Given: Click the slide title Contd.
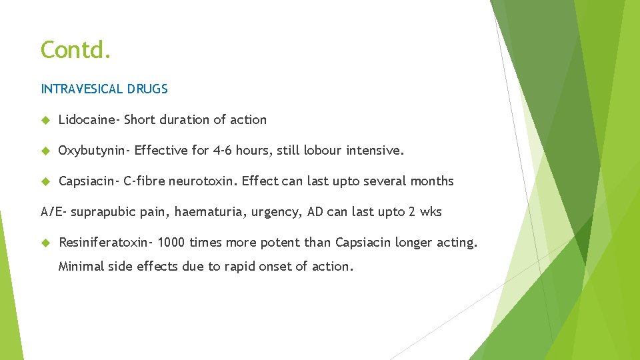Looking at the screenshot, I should point(75,49).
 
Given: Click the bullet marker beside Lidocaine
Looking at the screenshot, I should point(45,120).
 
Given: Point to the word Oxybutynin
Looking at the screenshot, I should point(93,151).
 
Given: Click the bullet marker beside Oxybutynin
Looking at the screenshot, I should point(45,151).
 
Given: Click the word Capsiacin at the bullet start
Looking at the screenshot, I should point(87,181).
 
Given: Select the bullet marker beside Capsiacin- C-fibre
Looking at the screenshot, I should point(45,181).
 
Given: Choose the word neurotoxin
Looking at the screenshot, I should point(203,181).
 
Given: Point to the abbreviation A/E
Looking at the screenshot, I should point(53,212).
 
